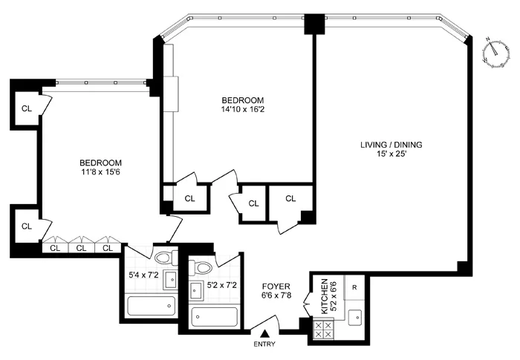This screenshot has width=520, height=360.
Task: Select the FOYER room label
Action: coord(276,286)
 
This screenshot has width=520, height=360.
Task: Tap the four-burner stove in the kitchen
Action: coord(324,328)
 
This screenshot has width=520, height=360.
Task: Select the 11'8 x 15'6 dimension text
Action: coord(101,173)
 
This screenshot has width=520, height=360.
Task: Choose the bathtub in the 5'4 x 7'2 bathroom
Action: coord(151,305)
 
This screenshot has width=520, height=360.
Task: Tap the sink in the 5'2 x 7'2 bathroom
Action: coord(197,289)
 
